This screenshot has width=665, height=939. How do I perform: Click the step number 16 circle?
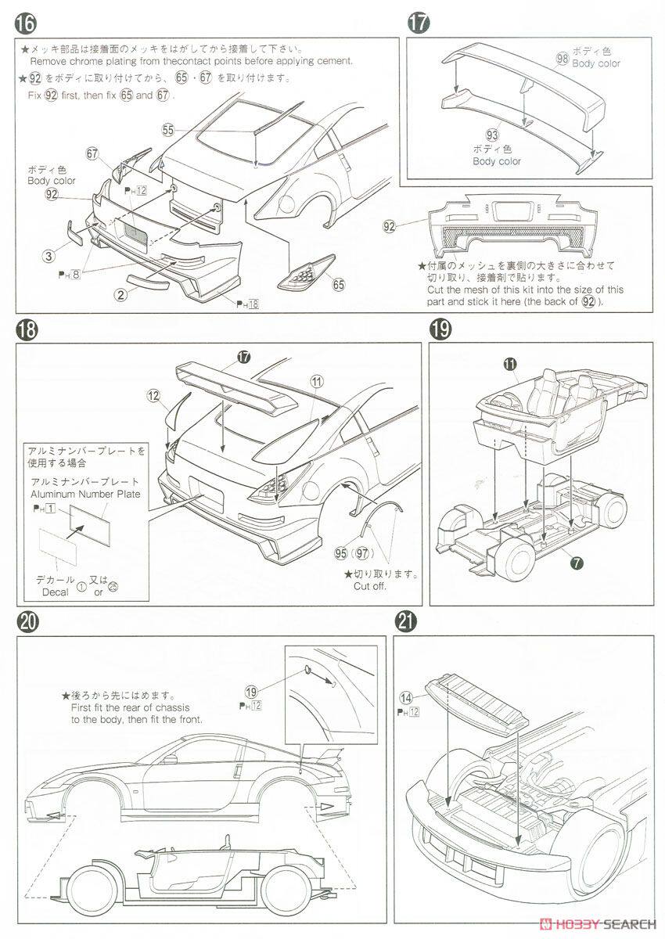24,24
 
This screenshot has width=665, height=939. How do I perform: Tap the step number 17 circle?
419,24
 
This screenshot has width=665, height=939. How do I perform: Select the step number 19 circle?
440,329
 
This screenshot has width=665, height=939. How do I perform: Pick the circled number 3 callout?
49,254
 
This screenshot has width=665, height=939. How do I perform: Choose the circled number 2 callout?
120,294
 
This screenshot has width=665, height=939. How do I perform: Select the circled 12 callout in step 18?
153,396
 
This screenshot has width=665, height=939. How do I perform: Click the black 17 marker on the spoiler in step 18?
243,356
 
